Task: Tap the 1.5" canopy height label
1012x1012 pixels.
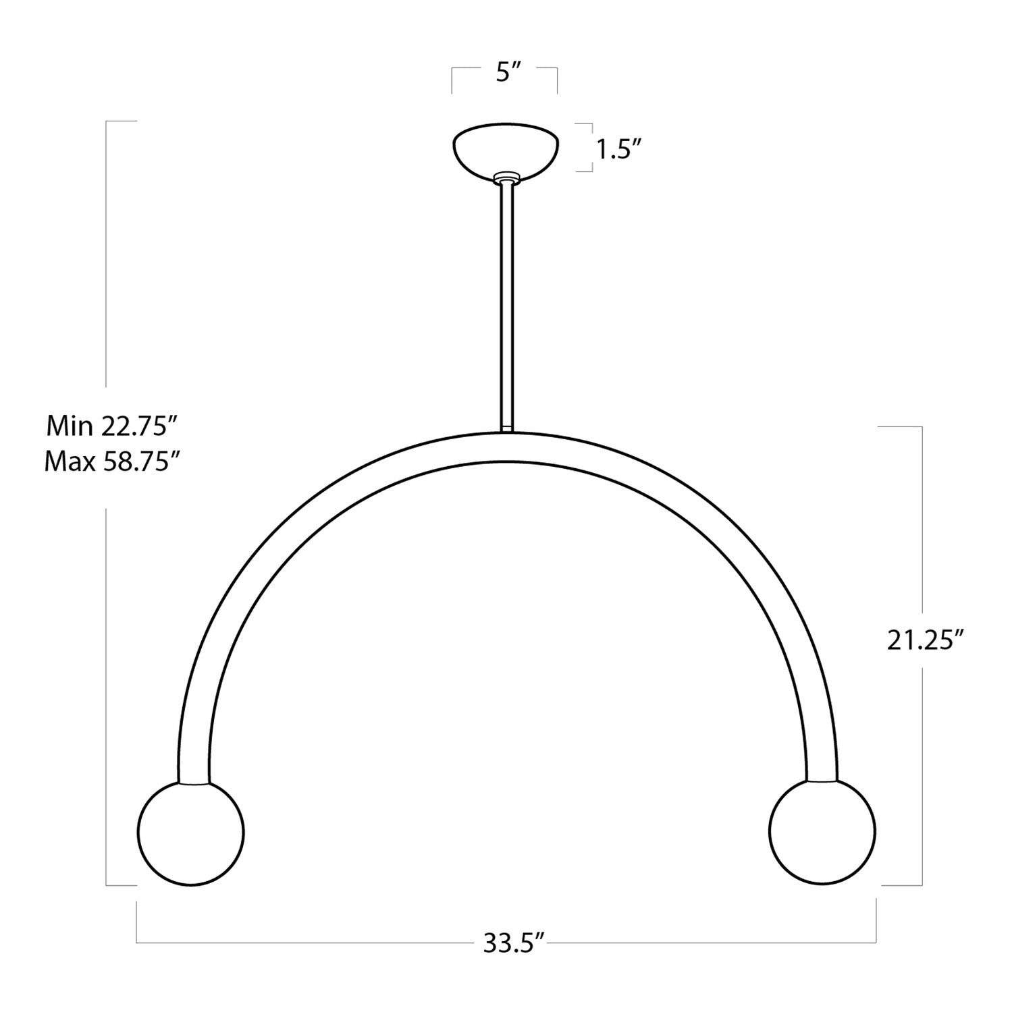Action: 617,149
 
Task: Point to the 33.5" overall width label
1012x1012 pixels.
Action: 513,943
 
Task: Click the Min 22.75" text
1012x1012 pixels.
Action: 111,426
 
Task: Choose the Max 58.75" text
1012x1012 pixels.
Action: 111,462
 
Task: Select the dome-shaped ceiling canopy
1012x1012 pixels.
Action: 506,148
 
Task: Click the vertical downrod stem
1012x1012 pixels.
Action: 506,304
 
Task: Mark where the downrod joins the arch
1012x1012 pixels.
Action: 506,429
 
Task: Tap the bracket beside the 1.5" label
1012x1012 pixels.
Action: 591,148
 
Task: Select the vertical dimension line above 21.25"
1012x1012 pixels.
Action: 922,526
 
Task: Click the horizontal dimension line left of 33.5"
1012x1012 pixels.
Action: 304,942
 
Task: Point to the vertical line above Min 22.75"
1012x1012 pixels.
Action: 107,256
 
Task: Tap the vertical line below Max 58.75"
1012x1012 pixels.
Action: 107,695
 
